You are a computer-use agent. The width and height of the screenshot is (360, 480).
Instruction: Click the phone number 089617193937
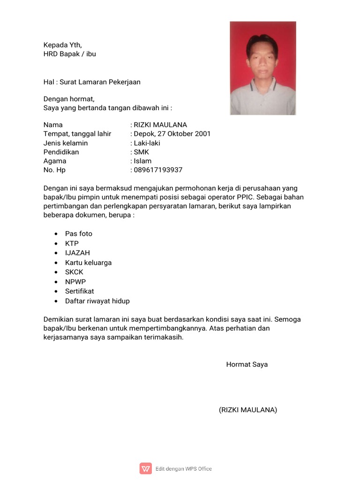point(158,170)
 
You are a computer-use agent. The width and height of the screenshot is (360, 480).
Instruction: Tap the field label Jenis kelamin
point(66,143)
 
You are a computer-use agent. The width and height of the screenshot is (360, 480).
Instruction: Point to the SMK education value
point(141,152)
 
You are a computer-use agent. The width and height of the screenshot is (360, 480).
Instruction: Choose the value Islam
point(142,161)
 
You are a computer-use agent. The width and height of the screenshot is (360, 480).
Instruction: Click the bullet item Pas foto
point(79,233)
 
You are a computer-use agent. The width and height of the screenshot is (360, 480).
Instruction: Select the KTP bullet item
point(72,243)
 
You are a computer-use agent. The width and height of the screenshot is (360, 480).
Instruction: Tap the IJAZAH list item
point(77,253)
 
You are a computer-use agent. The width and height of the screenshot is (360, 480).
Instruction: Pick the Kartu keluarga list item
point(88,262)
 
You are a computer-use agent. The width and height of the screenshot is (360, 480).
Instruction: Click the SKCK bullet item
point(74,272)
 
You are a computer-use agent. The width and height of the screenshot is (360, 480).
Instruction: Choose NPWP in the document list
point(75,282)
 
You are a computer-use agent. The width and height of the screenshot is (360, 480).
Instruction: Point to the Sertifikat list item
point(79,291)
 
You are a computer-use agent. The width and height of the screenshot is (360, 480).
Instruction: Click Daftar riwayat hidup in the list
point(97,301)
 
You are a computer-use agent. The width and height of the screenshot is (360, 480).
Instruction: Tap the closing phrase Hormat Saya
point(247,364)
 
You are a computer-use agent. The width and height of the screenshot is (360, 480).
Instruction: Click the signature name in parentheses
point(247,410)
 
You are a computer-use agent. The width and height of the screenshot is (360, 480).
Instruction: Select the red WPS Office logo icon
point(146,468)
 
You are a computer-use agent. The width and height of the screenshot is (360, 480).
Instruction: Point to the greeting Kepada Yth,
point(62,45)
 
